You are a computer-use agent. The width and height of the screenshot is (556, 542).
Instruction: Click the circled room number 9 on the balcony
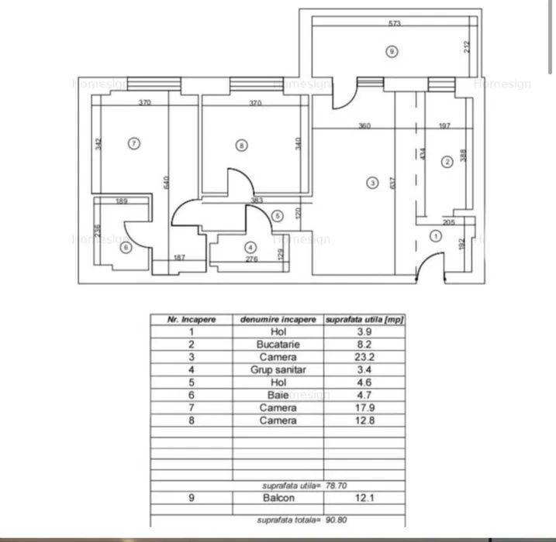point(392,52)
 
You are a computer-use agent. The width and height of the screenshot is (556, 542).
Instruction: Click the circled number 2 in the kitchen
point(447,162)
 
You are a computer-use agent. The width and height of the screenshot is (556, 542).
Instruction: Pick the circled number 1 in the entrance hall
point(435,236)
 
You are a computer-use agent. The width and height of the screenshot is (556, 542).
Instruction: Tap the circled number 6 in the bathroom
point(126,248)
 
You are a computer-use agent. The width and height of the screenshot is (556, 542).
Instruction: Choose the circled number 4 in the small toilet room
point(250,248)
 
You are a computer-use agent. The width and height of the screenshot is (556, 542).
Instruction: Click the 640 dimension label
point(167,182)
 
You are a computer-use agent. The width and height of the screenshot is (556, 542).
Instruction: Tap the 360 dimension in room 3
point(364,125)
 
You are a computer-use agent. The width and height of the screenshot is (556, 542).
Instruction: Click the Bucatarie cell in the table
point(278,344)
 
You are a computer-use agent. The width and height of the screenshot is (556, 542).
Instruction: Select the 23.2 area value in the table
point(363,356)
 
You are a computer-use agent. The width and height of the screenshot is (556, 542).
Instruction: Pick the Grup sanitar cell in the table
point(278,369)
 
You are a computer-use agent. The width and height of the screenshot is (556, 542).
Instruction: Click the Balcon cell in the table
point(278,498)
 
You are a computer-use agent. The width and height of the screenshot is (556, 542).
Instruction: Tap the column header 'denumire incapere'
point(278,318)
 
